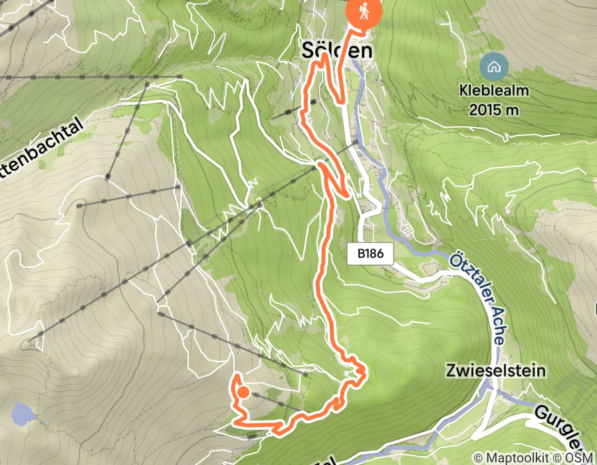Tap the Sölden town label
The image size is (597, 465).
(336, 50)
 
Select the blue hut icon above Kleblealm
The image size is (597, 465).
(493, 66)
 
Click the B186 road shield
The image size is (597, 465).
(370, 253)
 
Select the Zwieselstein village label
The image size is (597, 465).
(496, 371)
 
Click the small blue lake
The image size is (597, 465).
(23, 415)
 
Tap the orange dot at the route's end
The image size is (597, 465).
(243, 392)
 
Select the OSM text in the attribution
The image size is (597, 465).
(580, 458)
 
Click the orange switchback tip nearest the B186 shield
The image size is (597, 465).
(348, 195)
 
